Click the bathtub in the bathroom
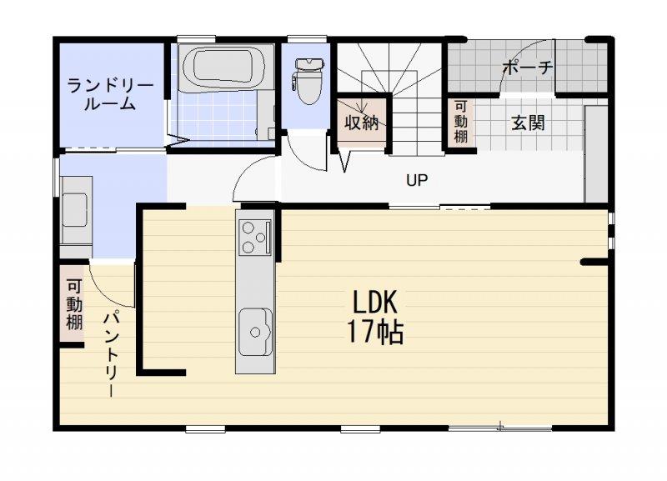pyautogui.click(x=225, y=67)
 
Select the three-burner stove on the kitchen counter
pyautogui.click(x=255, y=237)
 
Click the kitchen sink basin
pyautogui.click(x=255, y=332)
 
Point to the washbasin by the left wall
pyautogui.click(x=76, y=210)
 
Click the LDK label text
pyautogui.click(x=374, y=302)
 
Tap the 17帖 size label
pyautogui.click(x=375, y=332)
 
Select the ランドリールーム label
pyautogui.click(x=110, y=95)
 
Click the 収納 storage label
pyautogui.click(x=362, y=123)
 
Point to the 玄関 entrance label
pyautogui.click(x=528, y=123)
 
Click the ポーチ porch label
pyautogui.click(x=528, y=68)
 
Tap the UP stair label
pyautogui.click(x=417, y=180)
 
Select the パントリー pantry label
pyautogui.click(x=112, y=353)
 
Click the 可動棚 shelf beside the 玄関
pyautogui.click(x=461, y=123)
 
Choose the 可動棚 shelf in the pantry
pyautogui.click(x=73, y=304)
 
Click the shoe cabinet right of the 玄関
pyautogui.click(x=596, y=154)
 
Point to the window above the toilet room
pyautogui.click(x=307, y=38)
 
